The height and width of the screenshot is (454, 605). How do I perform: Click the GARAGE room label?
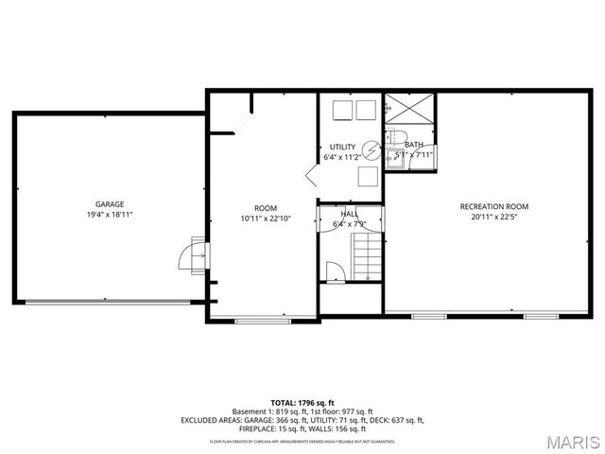click(x=110, y=204)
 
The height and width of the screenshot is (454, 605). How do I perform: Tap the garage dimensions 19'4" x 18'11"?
click(x=110, y=215)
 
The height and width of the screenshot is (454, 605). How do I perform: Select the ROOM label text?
click(x=266, y=208)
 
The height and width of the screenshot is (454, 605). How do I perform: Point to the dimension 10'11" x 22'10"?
click(x=266, y=218)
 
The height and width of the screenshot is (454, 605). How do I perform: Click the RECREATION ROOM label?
click(x=493, y=206)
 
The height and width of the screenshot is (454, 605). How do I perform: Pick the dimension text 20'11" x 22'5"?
click(x=493, y=217)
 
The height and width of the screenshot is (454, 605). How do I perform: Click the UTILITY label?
click(x=342, y=147)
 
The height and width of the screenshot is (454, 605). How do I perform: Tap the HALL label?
click(x=349, y=214)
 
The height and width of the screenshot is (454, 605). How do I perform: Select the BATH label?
click(x=414, y=145)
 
